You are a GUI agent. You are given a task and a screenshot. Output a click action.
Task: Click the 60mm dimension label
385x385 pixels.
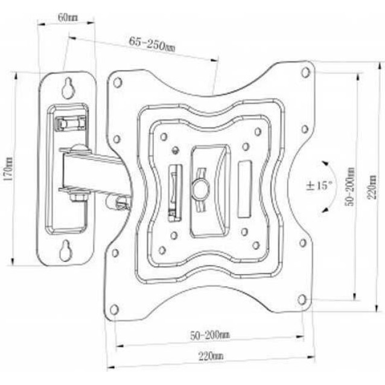(x=67, y=16)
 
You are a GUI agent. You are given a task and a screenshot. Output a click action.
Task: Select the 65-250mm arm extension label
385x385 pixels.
(x=151, y=44)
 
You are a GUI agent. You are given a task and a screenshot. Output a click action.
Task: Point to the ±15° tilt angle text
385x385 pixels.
(x=319, y=185)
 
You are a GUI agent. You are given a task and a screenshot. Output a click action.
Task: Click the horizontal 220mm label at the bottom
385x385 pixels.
(x=211, y=357)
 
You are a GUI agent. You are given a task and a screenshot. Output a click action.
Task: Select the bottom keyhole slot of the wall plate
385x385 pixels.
(x=65, y=250)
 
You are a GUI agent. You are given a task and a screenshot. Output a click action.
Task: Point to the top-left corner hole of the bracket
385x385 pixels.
(x=118, y=81)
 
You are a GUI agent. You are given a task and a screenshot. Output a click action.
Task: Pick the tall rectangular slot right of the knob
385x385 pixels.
(x=244, y=188)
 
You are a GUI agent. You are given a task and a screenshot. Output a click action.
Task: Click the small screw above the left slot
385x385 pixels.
(x=176, y=150)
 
